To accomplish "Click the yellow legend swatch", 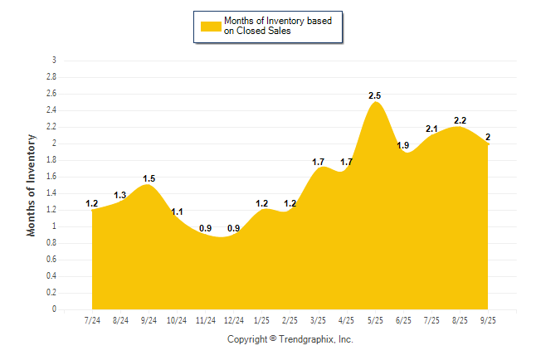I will pos(211,27).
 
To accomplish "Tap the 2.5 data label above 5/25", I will pos(375,96).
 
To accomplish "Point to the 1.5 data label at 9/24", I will pos(149,178).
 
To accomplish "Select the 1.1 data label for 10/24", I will pos(177,212).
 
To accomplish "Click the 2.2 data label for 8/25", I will pos(460,121).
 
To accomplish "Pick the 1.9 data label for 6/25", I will pos(403,146).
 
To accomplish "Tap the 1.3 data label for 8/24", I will pos(120,195).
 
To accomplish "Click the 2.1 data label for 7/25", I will pos(431,129).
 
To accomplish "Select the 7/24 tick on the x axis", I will pos(92,320).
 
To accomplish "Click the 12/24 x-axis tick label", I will pos(233,320).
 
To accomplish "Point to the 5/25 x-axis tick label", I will pos(375,320).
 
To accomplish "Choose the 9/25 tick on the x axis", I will pos(488,320).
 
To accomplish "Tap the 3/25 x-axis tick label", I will pos(318,320).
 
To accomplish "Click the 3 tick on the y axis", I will pos(54,61).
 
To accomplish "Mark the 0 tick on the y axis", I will pos(54,309).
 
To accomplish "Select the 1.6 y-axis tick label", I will pos(51,177).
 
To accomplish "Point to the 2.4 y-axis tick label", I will pos(51,110).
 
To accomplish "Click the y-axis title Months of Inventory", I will pos(32,185).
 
